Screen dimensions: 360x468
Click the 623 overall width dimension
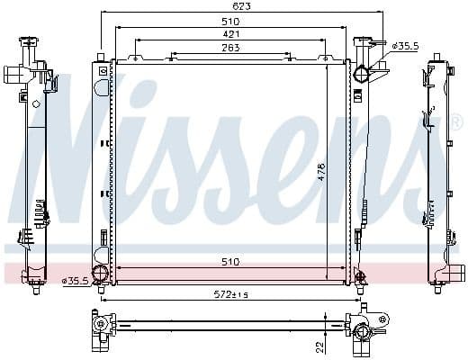pyautogui.click(x=242, y=6)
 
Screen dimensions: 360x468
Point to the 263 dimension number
pyautogui.click(x=230, y=49)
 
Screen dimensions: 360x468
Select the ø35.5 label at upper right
pyautogui.click(x=400, y=42)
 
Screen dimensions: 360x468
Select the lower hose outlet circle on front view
pyautogui.click(x=101, y=274)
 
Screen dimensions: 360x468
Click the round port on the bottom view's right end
pyautogui.click(x=363, y=335)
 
